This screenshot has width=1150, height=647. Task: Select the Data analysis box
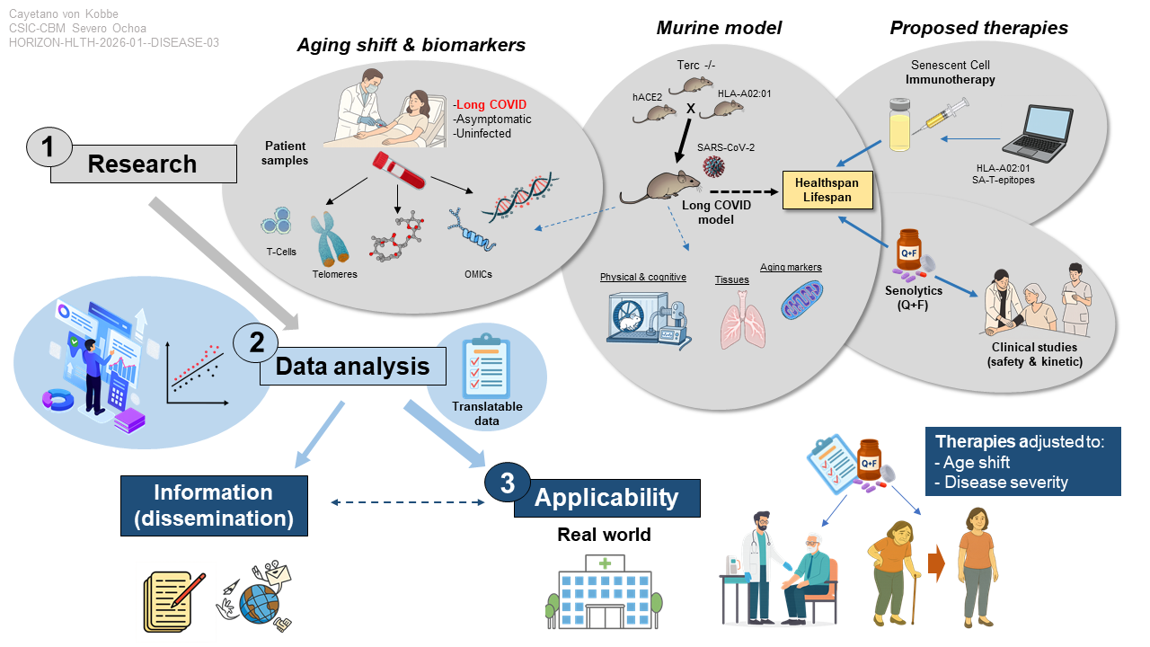tap(352, 367)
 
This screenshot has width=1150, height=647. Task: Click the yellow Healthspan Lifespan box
tap(826, 190)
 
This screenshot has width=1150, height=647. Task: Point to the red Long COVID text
tap(491, 103)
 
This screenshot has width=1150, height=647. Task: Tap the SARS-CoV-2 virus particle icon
tap(713, 166)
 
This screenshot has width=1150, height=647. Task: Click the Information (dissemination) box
tap(213, 504)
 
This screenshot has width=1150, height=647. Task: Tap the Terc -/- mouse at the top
tap(696, 85)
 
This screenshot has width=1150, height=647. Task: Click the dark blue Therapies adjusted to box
tap(1022, 461)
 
